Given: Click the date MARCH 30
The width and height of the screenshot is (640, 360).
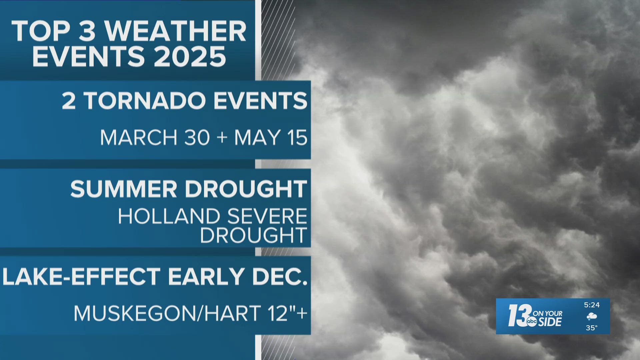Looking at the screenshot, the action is click(155, 137).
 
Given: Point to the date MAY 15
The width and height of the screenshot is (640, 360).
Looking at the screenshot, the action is click(271, 137).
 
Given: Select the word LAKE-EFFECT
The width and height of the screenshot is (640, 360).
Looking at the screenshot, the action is click(82, 276).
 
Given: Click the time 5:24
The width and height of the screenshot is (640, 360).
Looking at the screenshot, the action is click(592, 305).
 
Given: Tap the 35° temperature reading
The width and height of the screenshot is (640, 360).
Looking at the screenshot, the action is click(592, 328).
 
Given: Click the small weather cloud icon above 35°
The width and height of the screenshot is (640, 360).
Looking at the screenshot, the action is click(592, 316).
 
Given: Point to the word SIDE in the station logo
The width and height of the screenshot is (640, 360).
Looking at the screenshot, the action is click(550, 321).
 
